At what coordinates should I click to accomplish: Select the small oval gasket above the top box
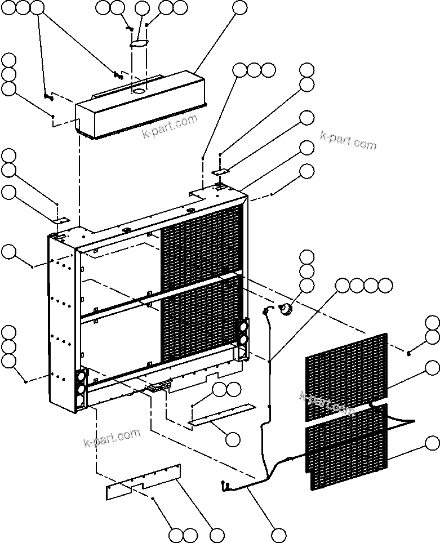tap(139, 43)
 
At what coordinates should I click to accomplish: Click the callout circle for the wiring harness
tap(278, 535)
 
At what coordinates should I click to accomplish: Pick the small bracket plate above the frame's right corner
tap(220, 171)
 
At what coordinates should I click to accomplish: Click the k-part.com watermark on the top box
tap(169, 125)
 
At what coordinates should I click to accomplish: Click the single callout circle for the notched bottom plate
tap(216, 535)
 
